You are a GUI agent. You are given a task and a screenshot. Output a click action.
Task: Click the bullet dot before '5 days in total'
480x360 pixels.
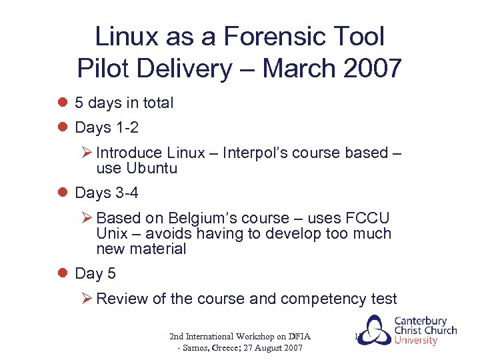[x=63, y=103]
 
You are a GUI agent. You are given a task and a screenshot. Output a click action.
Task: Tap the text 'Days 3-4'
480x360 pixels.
[x=107, y=193]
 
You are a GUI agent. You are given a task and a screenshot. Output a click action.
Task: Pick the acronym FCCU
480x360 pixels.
[x=367, y=219]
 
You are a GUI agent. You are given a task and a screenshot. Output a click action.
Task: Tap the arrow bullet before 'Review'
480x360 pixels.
[x=87, y=299]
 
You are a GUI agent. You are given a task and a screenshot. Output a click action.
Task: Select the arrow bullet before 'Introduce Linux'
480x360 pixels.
[x=87, y=153]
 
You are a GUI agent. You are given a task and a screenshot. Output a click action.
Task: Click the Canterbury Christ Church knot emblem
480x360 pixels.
[x=371, y=331]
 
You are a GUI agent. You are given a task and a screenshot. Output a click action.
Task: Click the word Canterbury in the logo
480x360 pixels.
[x=420, y=321]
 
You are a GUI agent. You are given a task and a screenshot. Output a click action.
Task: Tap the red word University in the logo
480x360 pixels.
[x=415, y=341]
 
